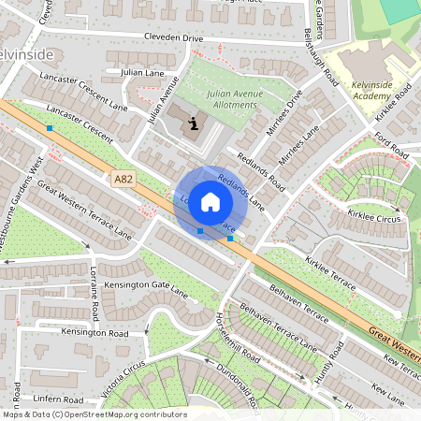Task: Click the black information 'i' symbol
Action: tap(194, 123)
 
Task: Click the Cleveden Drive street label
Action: tap(172, 37)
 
